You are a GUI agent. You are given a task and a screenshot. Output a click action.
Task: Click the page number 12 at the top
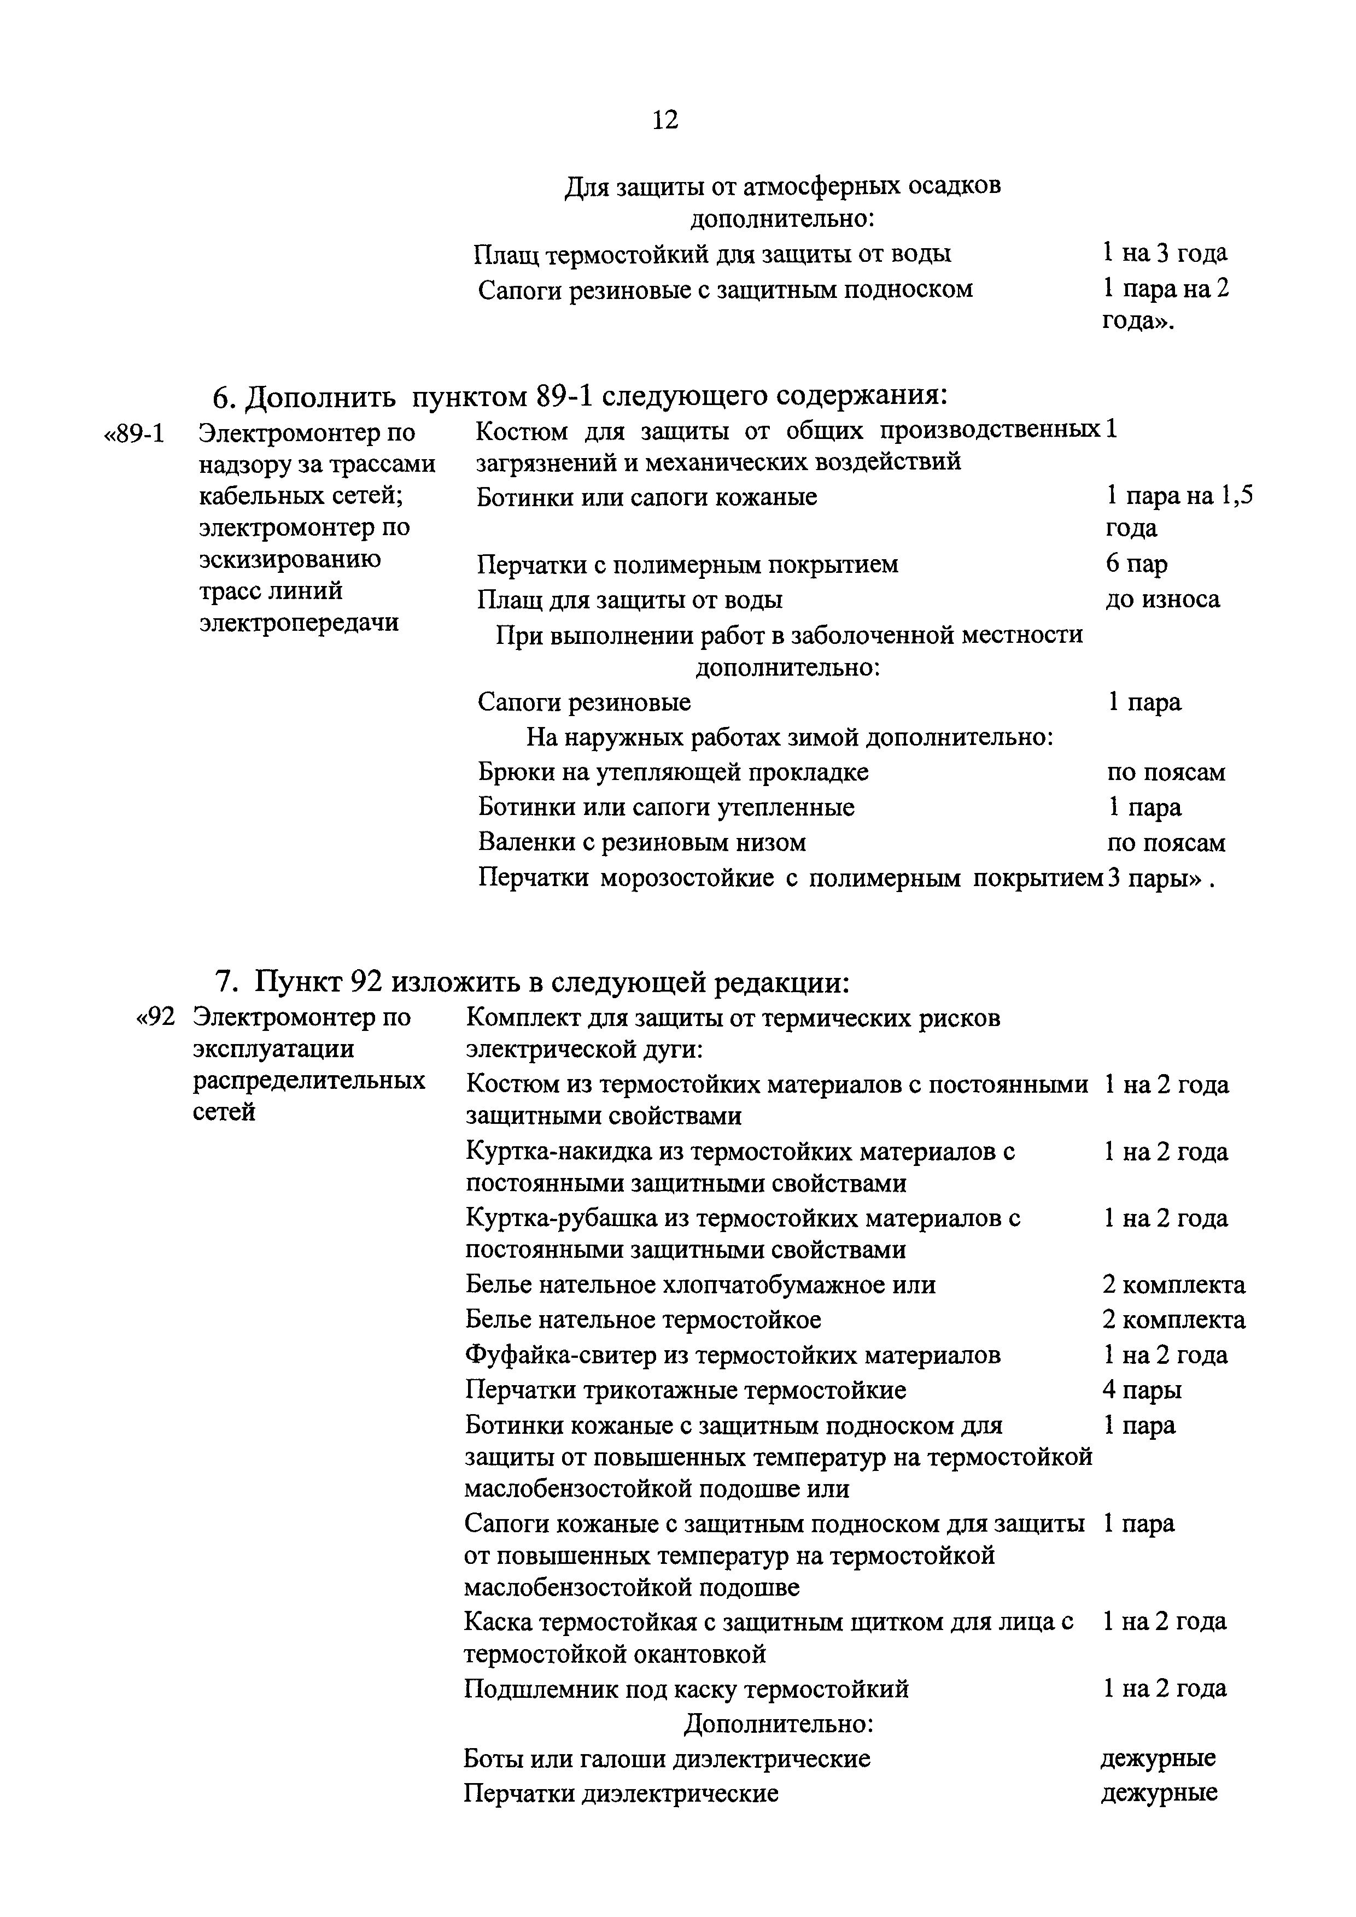(665, 120)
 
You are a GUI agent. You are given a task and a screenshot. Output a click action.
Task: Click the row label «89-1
(133, 434)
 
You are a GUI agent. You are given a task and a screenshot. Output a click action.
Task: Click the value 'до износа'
(1162, 600)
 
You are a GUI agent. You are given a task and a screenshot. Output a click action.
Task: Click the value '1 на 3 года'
(1164, 253)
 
